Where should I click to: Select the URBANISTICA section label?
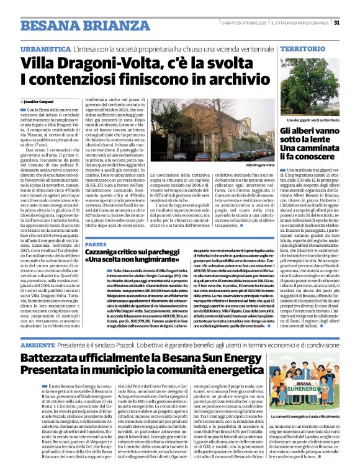point(44,48)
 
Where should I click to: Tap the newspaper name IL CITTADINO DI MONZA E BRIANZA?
point(299,23)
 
